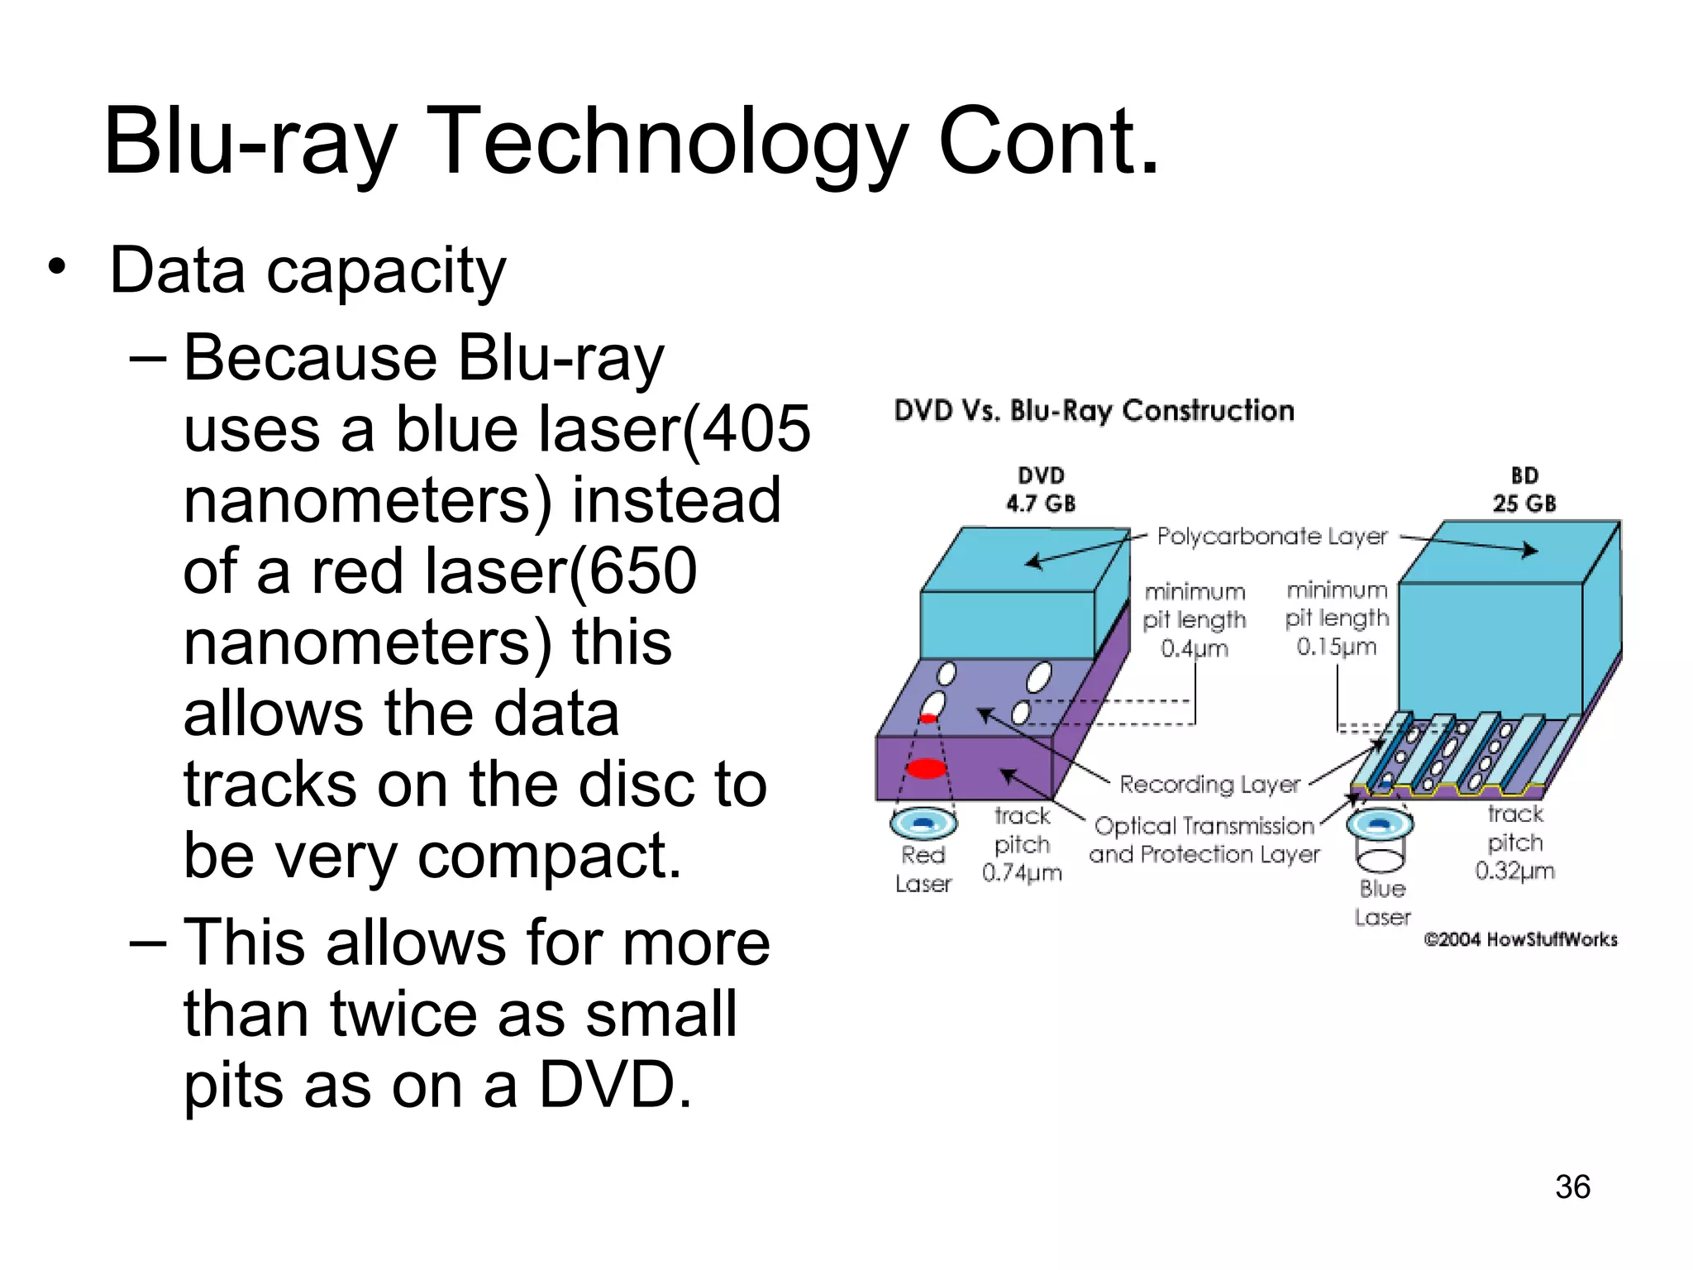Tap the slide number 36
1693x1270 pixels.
tap(1572, 1187)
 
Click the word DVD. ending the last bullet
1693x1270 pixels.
tap(615, 1085)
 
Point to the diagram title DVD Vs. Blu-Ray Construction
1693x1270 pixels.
tap(1094, 411)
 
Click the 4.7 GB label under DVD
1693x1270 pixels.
tap(1041, 503)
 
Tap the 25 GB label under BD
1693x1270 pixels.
tap(1524, 503)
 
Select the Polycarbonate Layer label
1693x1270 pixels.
tap(1271, 537)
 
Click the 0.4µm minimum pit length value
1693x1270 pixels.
tap(1195, 648)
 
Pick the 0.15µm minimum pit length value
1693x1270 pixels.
tap(1337, 647)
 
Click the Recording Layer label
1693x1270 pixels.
tap(1209, 784)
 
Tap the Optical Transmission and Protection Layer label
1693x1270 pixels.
tap(1204, 840)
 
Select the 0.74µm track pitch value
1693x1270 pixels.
tap(1022, 873)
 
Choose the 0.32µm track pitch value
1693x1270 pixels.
tap(1514, 871)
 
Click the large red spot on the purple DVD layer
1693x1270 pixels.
tap(926, 769)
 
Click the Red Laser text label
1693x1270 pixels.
tap(923, 869)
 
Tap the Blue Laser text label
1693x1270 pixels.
tap(1382, 903)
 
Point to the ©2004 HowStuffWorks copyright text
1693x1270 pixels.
tap(1520, 939)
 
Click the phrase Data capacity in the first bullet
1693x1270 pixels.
tap(308, 271)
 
